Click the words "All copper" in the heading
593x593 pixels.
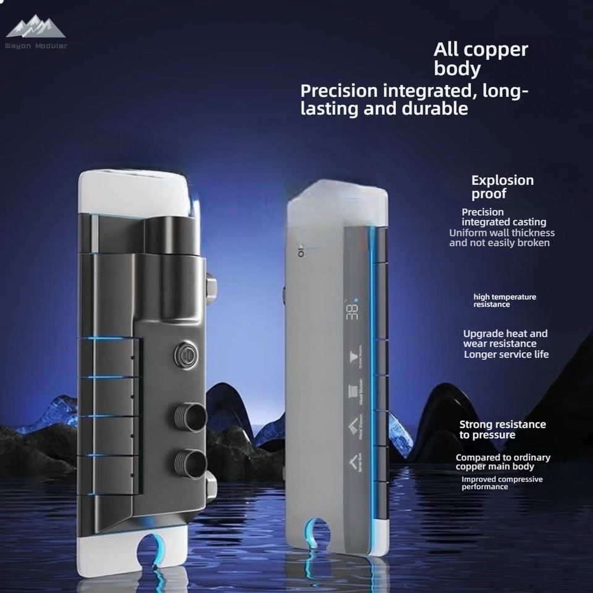pos(481,49)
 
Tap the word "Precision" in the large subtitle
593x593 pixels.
pos(339,91)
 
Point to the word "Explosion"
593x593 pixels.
pos(502,180)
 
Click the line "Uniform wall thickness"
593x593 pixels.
pos(502,233)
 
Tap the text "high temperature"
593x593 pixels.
pos(505,296)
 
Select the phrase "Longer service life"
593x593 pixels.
pos(506,354)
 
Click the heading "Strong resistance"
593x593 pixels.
pos(502,424)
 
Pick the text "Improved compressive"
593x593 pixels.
pos(502,479)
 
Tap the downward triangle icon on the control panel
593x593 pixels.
pos(354,357)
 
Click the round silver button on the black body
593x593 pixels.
pos(185,355)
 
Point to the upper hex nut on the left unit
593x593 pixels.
pos(211,288)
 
